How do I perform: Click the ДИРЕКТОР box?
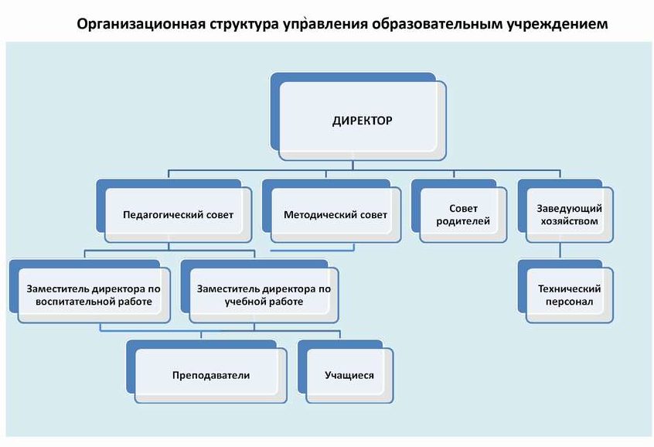click(x=358, y=117)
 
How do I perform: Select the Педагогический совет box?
click(x=174, y=211)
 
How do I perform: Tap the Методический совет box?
click(x=332, y=211)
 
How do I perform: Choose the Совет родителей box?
click(x=458, y=211)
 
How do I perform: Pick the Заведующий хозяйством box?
click(x=566, y=211)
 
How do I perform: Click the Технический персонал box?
click(x=566, y=292)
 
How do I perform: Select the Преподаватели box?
click(x=206, y=371)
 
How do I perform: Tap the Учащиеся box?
click(x=346, y=371)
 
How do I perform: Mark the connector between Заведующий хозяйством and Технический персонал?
click(x=560, y=251)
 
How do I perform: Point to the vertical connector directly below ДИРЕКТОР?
click(x=353, y=165)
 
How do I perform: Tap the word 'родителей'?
click(x=463, y=221)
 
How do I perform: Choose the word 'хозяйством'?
click(x=569, y=221)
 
